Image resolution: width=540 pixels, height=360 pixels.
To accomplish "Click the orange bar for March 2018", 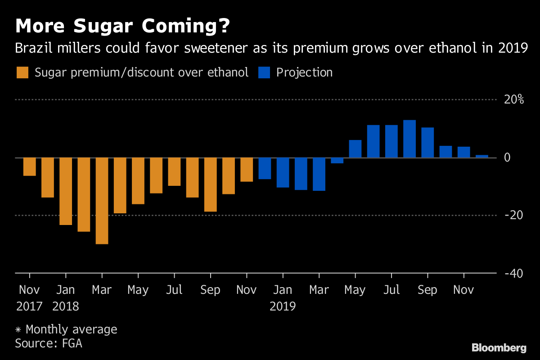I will [102, 201].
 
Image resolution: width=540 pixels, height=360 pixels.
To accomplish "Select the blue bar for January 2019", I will [283, 172].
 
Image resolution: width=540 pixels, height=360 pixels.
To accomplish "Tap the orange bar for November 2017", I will [30, 166].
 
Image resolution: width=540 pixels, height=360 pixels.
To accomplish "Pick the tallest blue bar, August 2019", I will [409, 139].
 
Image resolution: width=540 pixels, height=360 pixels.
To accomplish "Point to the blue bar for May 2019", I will [355, 148].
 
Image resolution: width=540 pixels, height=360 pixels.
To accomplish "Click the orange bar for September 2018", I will [210, 184].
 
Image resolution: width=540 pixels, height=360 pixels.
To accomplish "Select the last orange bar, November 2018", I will [247, 170].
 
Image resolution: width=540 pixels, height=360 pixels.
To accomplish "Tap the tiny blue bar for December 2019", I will [481, 156].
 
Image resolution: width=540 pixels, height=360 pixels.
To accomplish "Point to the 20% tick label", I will [513, 99].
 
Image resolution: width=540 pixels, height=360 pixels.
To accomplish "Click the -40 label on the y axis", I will [513, 273].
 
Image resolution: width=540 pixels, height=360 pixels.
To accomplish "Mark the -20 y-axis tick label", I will [513, 215].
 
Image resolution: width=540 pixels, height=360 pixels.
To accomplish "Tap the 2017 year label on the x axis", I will [30, 306].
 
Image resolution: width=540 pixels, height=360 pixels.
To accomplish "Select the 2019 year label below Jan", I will [283, 306].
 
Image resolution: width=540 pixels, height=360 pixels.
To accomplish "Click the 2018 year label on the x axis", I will [66, 306].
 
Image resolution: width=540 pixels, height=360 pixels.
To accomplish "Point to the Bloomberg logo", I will [499, 347].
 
